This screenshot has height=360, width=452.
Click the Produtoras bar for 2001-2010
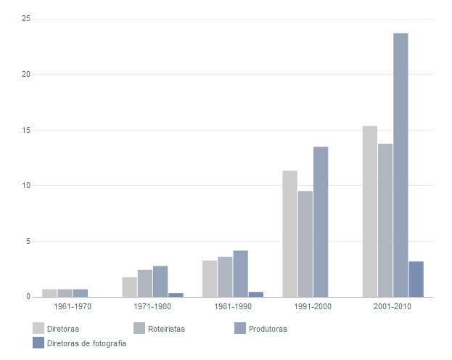tap(400, 165)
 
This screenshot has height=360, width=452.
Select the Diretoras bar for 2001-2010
tap(370, 211)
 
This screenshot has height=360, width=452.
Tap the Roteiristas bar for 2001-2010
tap(385, 220)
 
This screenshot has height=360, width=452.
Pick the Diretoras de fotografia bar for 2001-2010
tap(416, 279)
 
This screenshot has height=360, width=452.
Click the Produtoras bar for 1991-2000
tap(321, 221)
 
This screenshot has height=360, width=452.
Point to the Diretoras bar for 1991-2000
tap(290, 234)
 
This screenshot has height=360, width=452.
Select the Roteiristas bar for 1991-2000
tap(305, 244)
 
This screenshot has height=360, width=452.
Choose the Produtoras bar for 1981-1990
tap(241, 274)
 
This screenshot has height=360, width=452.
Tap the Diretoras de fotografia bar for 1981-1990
tap(256, 294)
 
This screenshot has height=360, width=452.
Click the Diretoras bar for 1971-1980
tap(130, 287)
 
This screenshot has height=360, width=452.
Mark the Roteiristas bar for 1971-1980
tap(145, 283)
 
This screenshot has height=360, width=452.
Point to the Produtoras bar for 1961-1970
tap(81, 293)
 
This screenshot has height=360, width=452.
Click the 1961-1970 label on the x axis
tap(73, 307)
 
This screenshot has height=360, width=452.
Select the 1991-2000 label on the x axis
tap(313, 307)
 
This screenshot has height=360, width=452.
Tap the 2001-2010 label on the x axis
tap(393, 307)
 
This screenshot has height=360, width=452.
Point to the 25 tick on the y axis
tap(25, 18)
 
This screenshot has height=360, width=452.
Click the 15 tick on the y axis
tap(25, 130)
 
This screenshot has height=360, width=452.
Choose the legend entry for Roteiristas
tap(166, 329)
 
